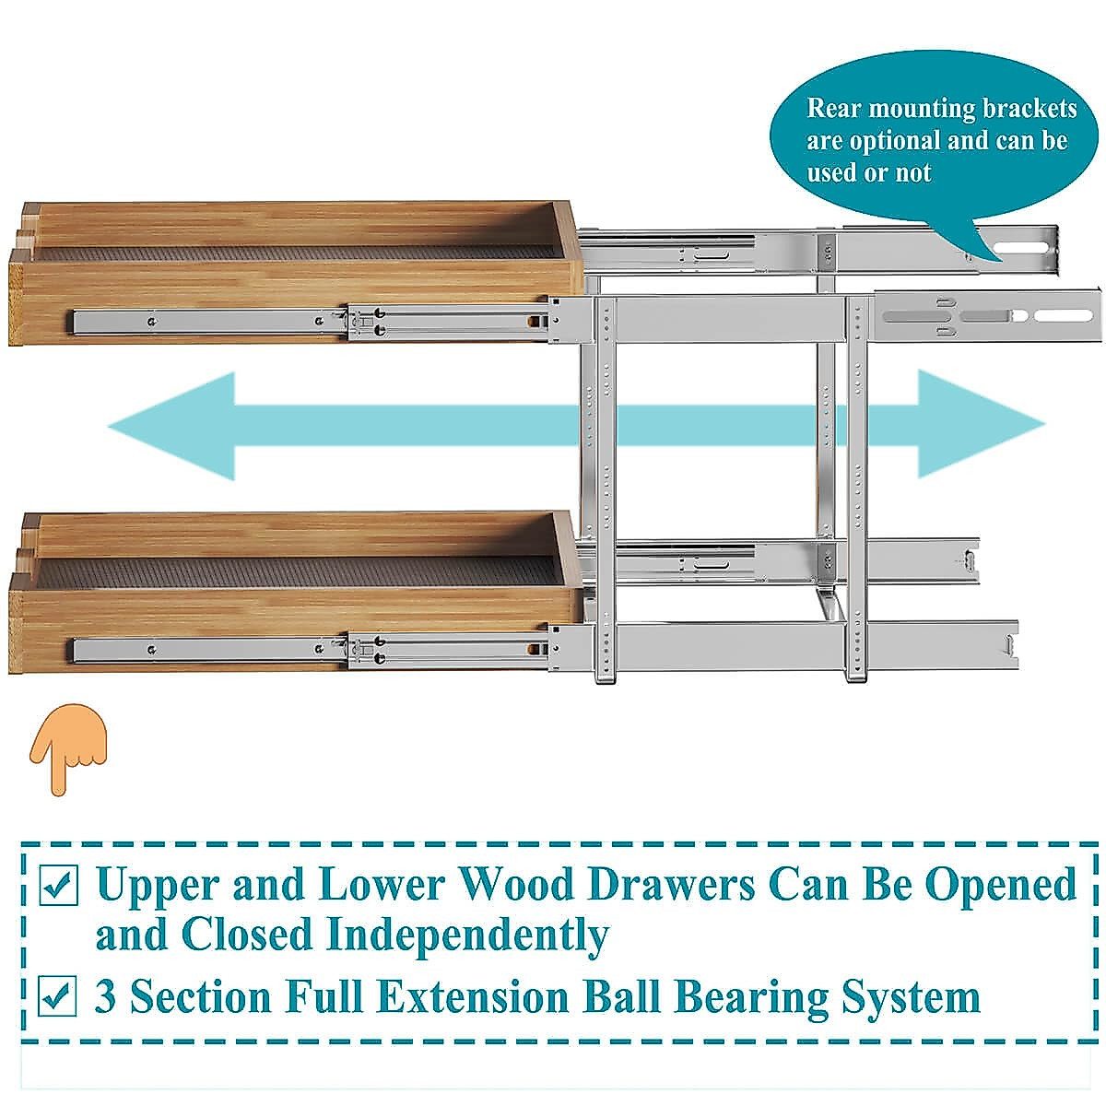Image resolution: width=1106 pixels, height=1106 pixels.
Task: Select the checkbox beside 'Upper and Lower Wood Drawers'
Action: coord(60,886)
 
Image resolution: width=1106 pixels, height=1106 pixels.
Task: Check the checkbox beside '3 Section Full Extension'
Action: coord(60,996)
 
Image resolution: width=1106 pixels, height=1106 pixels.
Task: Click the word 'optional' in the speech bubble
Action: coord(906,140)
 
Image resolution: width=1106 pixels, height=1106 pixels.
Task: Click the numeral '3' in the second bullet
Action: coord(107,997)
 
